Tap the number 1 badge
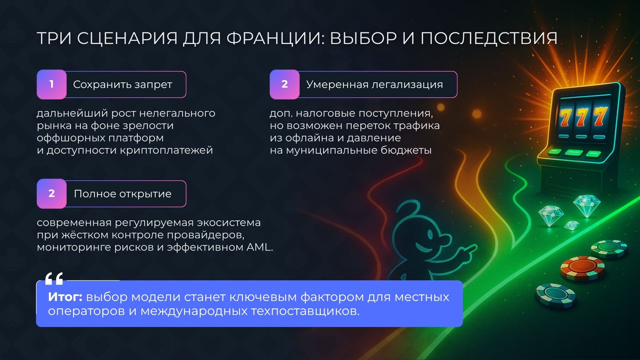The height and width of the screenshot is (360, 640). [52, 84]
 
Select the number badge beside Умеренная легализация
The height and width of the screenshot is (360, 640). [284, 84]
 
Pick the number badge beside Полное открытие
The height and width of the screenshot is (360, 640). [52, 194]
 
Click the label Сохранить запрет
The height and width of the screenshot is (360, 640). [122, 85]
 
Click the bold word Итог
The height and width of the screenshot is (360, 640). [65, 297]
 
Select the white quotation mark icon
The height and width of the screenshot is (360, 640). [54, 279]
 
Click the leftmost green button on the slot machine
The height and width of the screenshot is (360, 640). [555, 152]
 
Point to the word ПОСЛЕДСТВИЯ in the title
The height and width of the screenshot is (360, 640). [489, 39]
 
